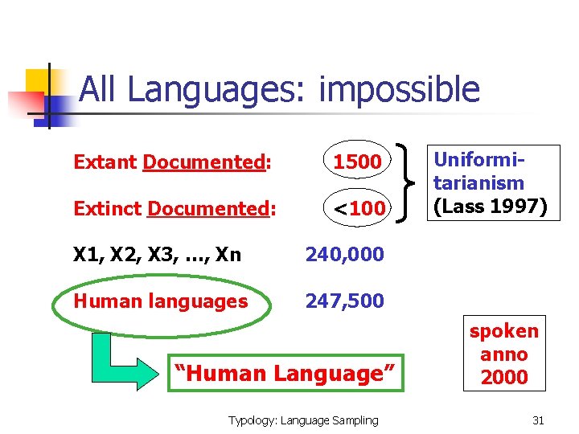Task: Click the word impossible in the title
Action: click(x=399, y=90)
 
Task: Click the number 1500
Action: click(x=357, y=162)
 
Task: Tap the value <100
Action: click(x=359, y=209)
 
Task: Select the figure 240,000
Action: click(x=344, y=255)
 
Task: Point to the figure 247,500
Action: click(x=344, y=301)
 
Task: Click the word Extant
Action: click(x=105, y=162)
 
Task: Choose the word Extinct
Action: click(x=108, y=209)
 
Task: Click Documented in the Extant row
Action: click(x=205, y=162)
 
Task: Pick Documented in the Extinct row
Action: click(x=211, y=209)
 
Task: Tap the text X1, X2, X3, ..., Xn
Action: click(x=157, y=255)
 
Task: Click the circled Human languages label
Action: click(x=160, y=301)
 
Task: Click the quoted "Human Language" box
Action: click(x=285, y=374)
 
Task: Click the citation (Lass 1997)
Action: click(x=490, y=206)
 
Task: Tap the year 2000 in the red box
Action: click(x=504, y=377)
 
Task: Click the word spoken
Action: click(x=504, y=331)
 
